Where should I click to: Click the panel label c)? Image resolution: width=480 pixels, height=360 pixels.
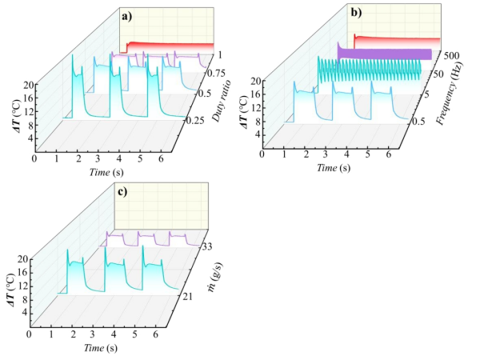tap(121, 191)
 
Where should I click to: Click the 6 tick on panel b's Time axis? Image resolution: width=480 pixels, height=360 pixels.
tap(390, 154)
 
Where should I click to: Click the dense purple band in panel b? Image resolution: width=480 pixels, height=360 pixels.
tap(384, 54)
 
